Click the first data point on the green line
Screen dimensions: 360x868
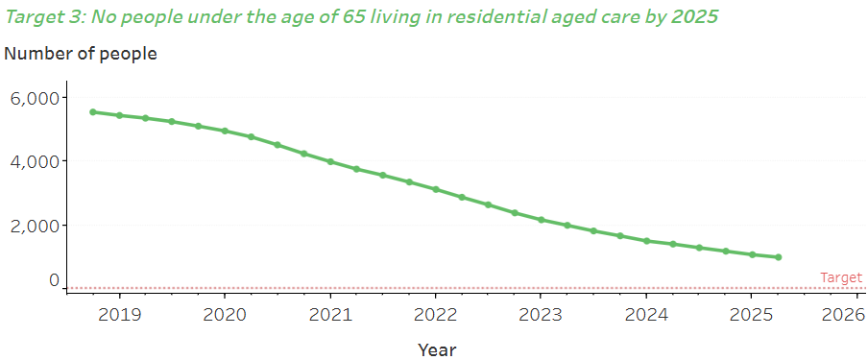[93, 111]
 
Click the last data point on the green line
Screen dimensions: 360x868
[778, 257]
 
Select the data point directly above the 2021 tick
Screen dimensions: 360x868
[330, 161]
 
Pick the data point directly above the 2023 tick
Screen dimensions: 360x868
[542, 220]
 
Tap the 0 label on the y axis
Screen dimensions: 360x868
[54, 281]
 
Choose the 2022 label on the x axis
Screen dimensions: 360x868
[435, 314]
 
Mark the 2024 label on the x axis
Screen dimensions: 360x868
[646, 314]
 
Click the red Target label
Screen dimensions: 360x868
[841, 277]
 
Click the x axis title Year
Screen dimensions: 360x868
[437, 349]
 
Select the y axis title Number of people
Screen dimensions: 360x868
[81, 54]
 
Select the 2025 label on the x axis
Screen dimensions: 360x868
[752, 314]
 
